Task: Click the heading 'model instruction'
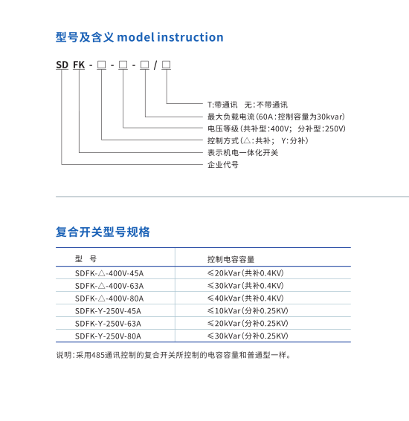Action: (x=170, y=37)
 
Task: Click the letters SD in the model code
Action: (x=62, y=65)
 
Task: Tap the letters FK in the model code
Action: (x=79, y=65)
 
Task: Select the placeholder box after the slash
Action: (x=166, y=65)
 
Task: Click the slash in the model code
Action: (x=155, y=65)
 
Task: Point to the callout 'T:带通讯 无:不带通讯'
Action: (x=248, y=105)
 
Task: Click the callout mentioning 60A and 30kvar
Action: (x=276, y=117)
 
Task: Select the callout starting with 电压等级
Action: (x=277, y=128)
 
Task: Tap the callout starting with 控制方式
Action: (x=258, y=140)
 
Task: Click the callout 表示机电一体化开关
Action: (x=242, y=152)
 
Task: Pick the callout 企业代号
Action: (x=222, y=164)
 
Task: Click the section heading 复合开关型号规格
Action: (x=103, y=232)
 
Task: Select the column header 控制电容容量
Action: (x=231, y=259)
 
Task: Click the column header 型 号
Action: (x=86, y=259)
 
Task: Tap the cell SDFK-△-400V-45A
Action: (x=109, y=273)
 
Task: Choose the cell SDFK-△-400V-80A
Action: (x=109, y=298)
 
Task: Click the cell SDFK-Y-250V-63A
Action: (x=108, y=324)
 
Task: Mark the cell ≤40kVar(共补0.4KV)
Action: (x=245, y=298)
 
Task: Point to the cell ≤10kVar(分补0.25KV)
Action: (x=248, y=310)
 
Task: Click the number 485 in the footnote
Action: (x=98, y=355)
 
